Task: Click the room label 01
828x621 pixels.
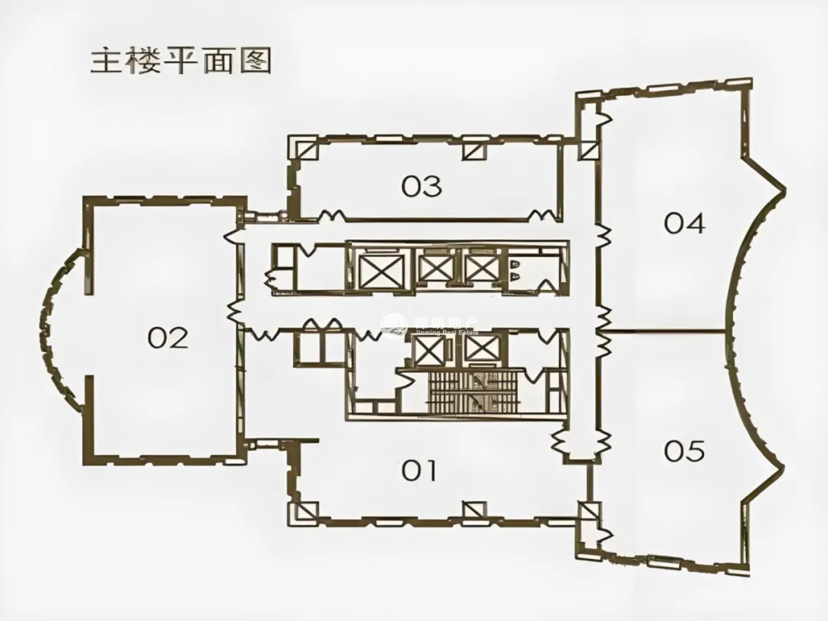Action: (x=419, y=470)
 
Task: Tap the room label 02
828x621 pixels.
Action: (x=168, y=338)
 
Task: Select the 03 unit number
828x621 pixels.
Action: (x=422, y=186)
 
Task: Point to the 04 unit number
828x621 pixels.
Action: (x=684, y=223)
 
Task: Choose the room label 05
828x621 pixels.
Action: (x=684, y=451)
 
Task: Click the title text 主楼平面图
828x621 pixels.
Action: (x=182, y=61)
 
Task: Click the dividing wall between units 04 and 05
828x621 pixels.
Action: (x=663, y=332)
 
